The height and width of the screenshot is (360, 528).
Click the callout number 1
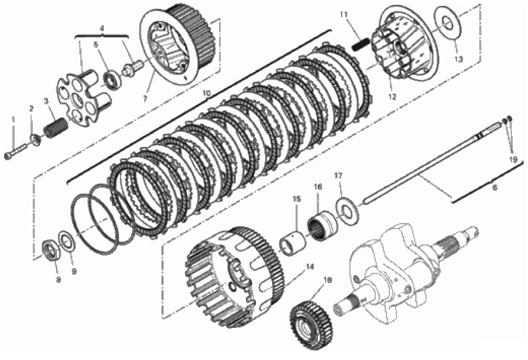click(x=14, y=119)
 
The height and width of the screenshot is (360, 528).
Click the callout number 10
click(x=207, y=93)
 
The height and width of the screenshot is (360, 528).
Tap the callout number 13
click(x=458, y=60)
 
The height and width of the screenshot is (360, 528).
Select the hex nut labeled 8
click(x=52, y=251)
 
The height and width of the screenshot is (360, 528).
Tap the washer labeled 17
click(x=347, y=211)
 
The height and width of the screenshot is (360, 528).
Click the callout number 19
click(x=513, y=159)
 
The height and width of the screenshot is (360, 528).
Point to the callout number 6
click(x=495, y=187)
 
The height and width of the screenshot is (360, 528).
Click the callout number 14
click(x=310, y=267)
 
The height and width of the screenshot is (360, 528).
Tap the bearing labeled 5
click(x=111, y=80)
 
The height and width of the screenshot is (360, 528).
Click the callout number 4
click(x=102, y=29)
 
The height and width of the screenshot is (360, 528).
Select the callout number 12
click(x=392, y=97)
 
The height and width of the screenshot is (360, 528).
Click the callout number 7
click(x=145, y=99)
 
